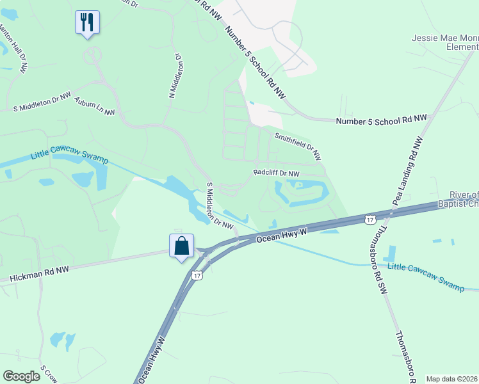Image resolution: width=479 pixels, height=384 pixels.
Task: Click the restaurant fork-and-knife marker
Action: tap(87, 22)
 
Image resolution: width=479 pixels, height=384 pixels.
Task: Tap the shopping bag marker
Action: tap(181, 246)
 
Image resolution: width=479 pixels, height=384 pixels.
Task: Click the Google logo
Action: tap(22, 376)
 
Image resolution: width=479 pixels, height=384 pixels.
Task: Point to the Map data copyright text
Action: tap(452, 379)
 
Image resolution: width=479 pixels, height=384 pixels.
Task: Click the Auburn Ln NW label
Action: tap(94, 106)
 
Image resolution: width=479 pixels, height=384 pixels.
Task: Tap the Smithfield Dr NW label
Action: tap(298, 146)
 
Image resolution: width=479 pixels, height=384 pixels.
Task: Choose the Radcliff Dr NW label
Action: tap(277, 173)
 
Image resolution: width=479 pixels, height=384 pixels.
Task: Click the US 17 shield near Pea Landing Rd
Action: tap(369, 220)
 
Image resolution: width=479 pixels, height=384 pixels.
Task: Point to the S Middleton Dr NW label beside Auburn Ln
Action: tap(42, 102)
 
